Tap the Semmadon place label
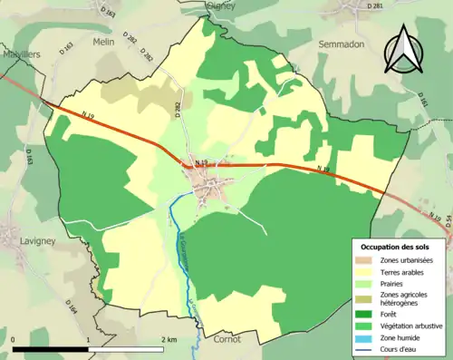click(340, 43)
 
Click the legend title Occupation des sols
click(395, 246)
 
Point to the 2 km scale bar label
click(169, 338)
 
